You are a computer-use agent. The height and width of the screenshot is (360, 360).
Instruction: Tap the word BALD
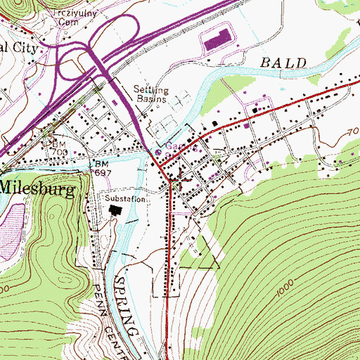tap(285, 63)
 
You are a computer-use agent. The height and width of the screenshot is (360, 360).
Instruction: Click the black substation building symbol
tap(115, 210)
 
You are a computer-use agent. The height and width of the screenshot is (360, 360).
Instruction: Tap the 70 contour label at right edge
tap(352, 131)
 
